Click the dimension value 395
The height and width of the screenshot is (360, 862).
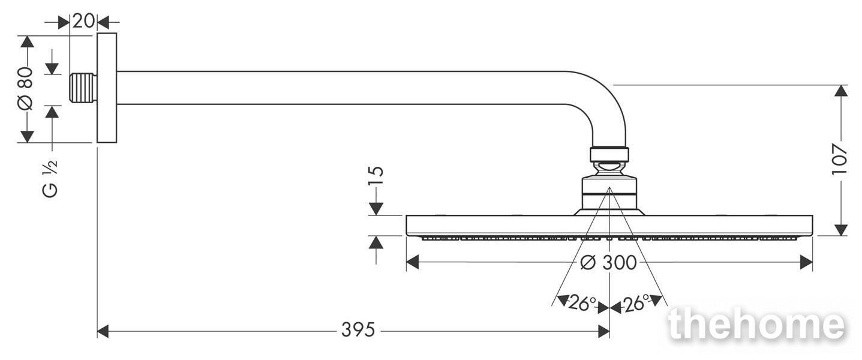point(358,330)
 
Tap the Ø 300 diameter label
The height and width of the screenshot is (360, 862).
point(608,263)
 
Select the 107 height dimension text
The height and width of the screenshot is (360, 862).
point(840,159)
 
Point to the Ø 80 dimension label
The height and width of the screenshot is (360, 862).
point(25,88)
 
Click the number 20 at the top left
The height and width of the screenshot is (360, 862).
point(83,20)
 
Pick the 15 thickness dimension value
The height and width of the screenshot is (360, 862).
point(377,176)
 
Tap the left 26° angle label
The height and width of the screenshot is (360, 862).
point(582,304)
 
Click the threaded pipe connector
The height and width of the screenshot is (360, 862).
point(83,88)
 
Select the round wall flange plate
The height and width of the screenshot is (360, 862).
point(107,88)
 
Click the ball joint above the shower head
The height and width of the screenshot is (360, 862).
point(609,169)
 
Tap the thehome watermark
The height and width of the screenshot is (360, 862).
point(757,325)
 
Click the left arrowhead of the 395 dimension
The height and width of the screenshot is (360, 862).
point(103,331)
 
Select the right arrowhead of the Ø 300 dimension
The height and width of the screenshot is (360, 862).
point(806,262)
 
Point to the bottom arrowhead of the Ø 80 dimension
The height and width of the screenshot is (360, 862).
point(27,136)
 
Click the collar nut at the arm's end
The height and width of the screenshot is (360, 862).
point(609,154)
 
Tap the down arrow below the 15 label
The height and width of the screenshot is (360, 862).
point(376,209)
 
